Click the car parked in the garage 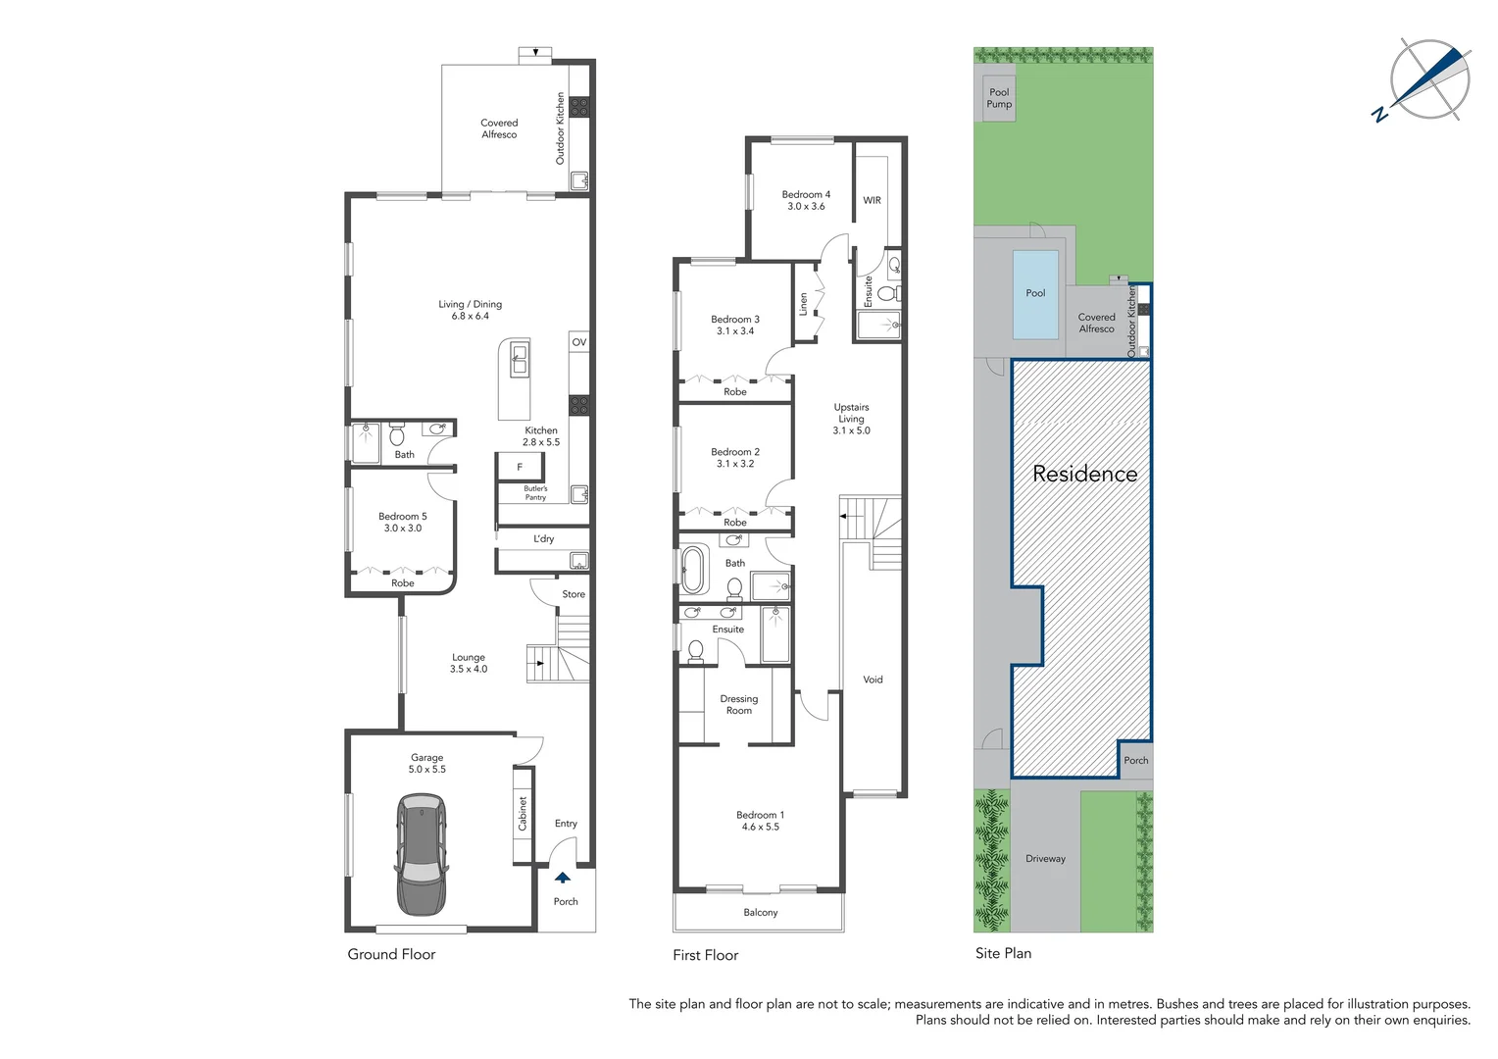[x=422, y=854]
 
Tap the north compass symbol [x=1429, y=80]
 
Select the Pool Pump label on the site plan [x=999, y=98]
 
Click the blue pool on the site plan [x=1035, y=293]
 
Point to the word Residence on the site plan [x=1084, y=475]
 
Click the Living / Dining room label [x=470, y=310]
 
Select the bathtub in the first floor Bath [x=693, y=569]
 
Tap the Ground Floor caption [x=391, y=954]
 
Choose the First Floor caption [x=705, y=955]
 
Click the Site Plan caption [x=1003, y=953]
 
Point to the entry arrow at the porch [x=563, y=878]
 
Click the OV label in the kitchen [x=579, y=342]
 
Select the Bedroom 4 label [x=806, y=200]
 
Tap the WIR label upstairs [x=872, y=200]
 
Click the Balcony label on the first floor [x=760, y=913]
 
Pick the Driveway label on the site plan [x=1045, y=859]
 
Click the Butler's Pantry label [x=535, y=493]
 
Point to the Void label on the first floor [x=873, y=680]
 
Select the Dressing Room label [x=739, y=705]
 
